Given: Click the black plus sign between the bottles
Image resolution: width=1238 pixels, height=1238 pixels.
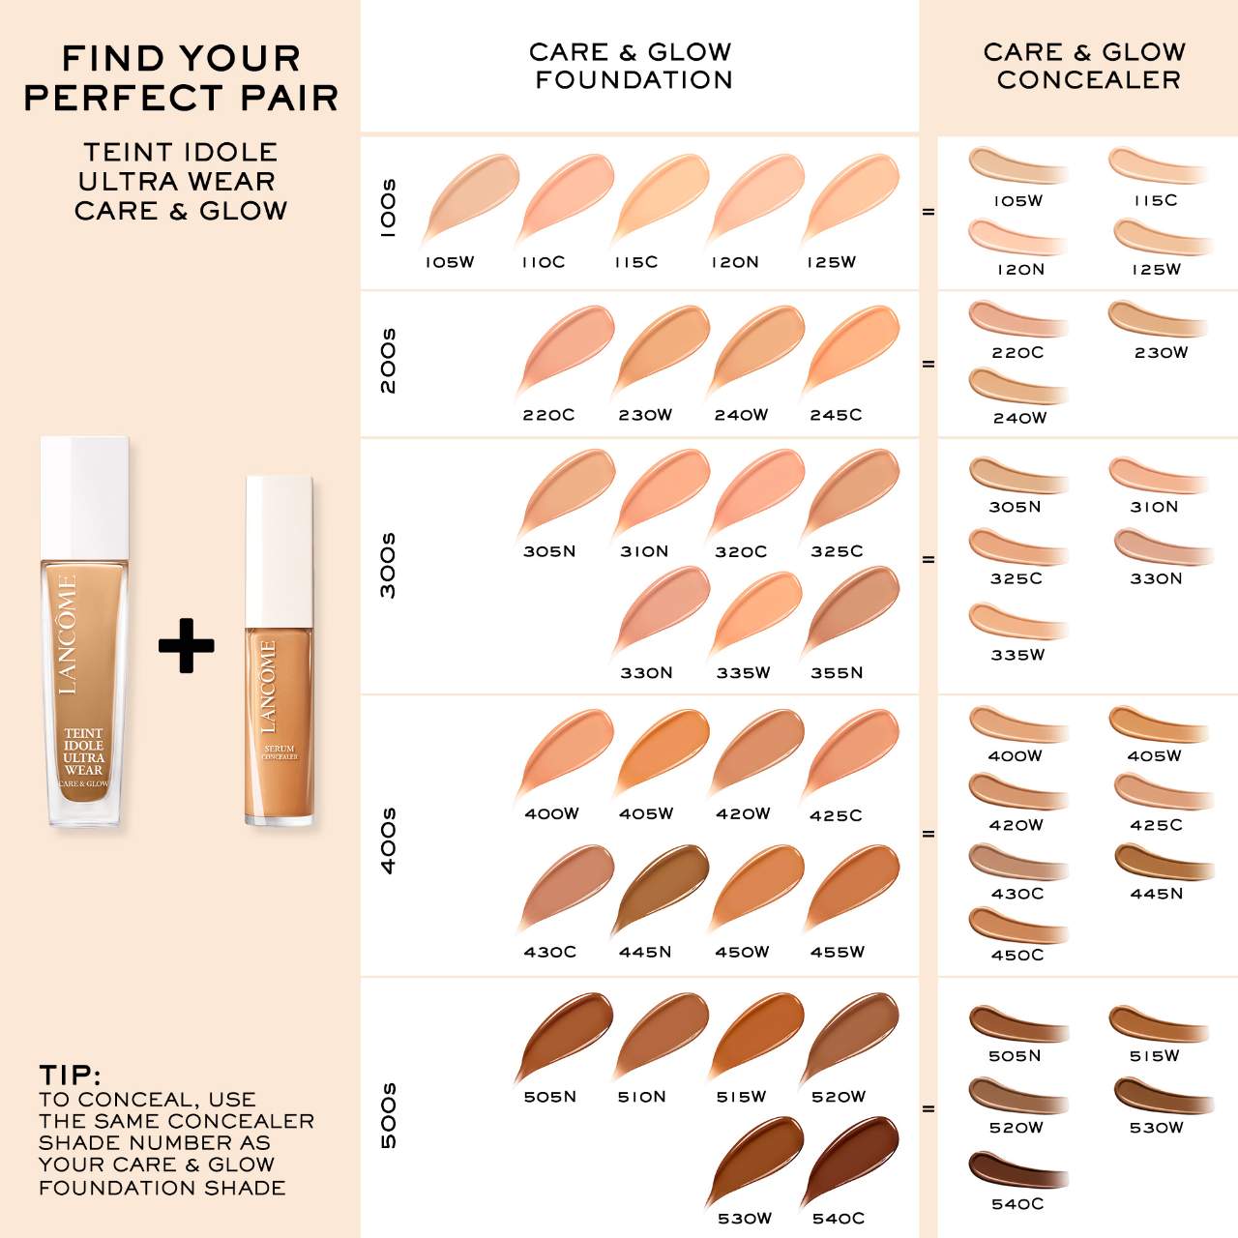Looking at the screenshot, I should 186,645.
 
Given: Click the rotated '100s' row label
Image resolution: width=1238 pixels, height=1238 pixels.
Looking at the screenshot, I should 388,207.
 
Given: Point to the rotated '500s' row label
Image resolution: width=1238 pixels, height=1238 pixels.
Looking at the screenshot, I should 388,1115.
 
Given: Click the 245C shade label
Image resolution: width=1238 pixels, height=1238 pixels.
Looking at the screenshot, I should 836,415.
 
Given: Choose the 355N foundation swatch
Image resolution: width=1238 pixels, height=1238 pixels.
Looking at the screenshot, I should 851,611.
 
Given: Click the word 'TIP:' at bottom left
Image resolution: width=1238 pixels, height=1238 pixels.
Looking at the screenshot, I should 70,1075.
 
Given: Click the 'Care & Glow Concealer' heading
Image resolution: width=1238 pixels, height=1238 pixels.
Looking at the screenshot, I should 1085,66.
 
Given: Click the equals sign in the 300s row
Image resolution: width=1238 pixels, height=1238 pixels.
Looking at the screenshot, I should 928,559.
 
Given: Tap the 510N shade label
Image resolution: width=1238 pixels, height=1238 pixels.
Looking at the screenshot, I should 642,1097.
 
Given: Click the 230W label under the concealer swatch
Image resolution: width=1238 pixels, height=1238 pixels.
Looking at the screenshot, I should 1161,353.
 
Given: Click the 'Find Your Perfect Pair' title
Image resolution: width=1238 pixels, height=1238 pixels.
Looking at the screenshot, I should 181,78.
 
